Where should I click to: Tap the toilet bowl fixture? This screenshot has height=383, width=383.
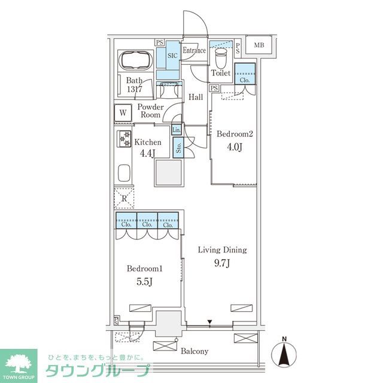[x=220, y=59]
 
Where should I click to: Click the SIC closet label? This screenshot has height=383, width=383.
[x=172, y=54]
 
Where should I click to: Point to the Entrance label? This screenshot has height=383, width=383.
[x=194, y=51]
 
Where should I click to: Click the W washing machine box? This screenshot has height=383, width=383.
[x=123, y=112]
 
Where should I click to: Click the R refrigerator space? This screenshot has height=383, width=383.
[x=124, y=198]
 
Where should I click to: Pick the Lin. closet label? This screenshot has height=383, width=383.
[x=177, y=130]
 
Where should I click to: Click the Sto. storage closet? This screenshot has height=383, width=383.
[x=178, y=147]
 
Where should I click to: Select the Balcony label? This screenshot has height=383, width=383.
[x=194, y=351]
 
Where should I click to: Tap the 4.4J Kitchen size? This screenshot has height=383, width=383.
[x=147, y=153]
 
